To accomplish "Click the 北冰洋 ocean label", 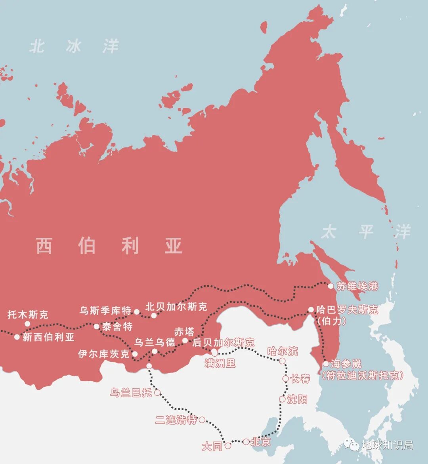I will point(74,46).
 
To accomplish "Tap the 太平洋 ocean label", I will point(366,232).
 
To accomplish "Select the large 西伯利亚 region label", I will point(109,246).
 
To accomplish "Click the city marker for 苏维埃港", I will point(331,286).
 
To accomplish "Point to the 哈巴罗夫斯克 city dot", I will point(311,309).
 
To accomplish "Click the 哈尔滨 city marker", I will point(282,361).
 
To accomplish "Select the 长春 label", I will point(300,379).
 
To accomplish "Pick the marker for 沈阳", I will point(282,399).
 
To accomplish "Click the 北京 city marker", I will point(246,441).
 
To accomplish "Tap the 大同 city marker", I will point(228,446).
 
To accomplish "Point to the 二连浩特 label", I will point(176,420).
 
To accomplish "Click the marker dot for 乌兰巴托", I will point(157,393).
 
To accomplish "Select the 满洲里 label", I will point(220,363).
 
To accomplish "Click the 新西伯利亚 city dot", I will point(17,337).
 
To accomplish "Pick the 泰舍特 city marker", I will point(96,327).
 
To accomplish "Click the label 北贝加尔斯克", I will point(176,307).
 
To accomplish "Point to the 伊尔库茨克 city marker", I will point(135,354).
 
